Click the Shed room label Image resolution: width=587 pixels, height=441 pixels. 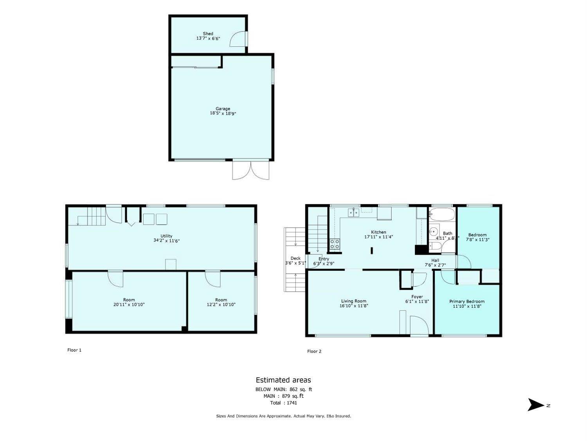(208, 34)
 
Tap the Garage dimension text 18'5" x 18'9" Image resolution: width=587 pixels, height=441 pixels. (223, 114)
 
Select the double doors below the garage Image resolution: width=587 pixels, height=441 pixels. (251, 169)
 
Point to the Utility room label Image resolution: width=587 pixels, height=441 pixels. (166, 236)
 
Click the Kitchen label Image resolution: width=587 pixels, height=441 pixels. (378, 232)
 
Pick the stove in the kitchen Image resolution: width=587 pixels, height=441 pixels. (335, 244)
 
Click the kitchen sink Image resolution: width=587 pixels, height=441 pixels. (354, 212)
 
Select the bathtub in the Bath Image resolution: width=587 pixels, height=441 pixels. (442, 215)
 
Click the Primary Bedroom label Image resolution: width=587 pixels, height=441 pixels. (467, 301)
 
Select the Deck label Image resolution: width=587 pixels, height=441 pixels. (295, 258)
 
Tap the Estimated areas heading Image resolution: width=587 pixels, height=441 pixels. (283, 380)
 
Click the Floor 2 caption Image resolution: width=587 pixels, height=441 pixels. (314, 351)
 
